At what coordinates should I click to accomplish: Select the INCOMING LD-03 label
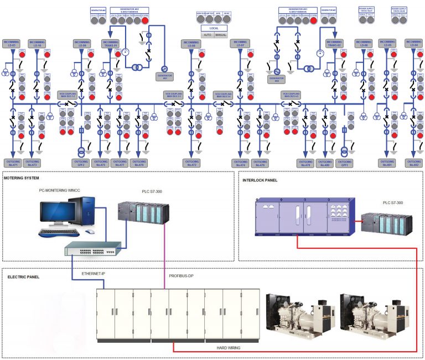click(12, 43)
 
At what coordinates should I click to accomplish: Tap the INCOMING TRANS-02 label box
click(334, 43)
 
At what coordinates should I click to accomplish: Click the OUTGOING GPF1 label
click(345, 163)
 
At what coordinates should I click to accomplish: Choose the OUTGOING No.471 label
click(12, 163)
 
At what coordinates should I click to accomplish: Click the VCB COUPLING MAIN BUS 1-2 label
click(67, 95)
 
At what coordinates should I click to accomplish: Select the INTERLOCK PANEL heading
click(260, 180)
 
